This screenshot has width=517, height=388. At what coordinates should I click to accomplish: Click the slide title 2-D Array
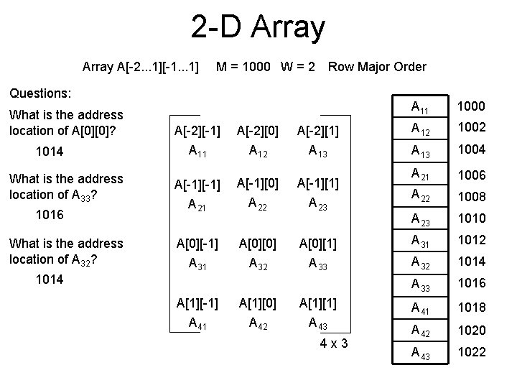click(258, 27)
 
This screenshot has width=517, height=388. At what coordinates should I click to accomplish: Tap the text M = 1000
click(243, 67)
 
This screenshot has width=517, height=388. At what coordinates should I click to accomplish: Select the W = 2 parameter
click(297, 67)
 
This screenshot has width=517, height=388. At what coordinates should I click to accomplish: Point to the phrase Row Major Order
click(376, 67)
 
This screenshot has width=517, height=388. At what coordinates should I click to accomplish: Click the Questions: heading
click(39, 93)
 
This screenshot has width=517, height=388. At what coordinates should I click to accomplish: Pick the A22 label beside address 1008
click(421, 197)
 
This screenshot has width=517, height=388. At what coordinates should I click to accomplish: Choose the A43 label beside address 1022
click(421, 352)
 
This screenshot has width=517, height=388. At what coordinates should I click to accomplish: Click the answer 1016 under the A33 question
click(50, 215)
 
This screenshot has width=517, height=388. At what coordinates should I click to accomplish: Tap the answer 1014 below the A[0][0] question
click(50, 152)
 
